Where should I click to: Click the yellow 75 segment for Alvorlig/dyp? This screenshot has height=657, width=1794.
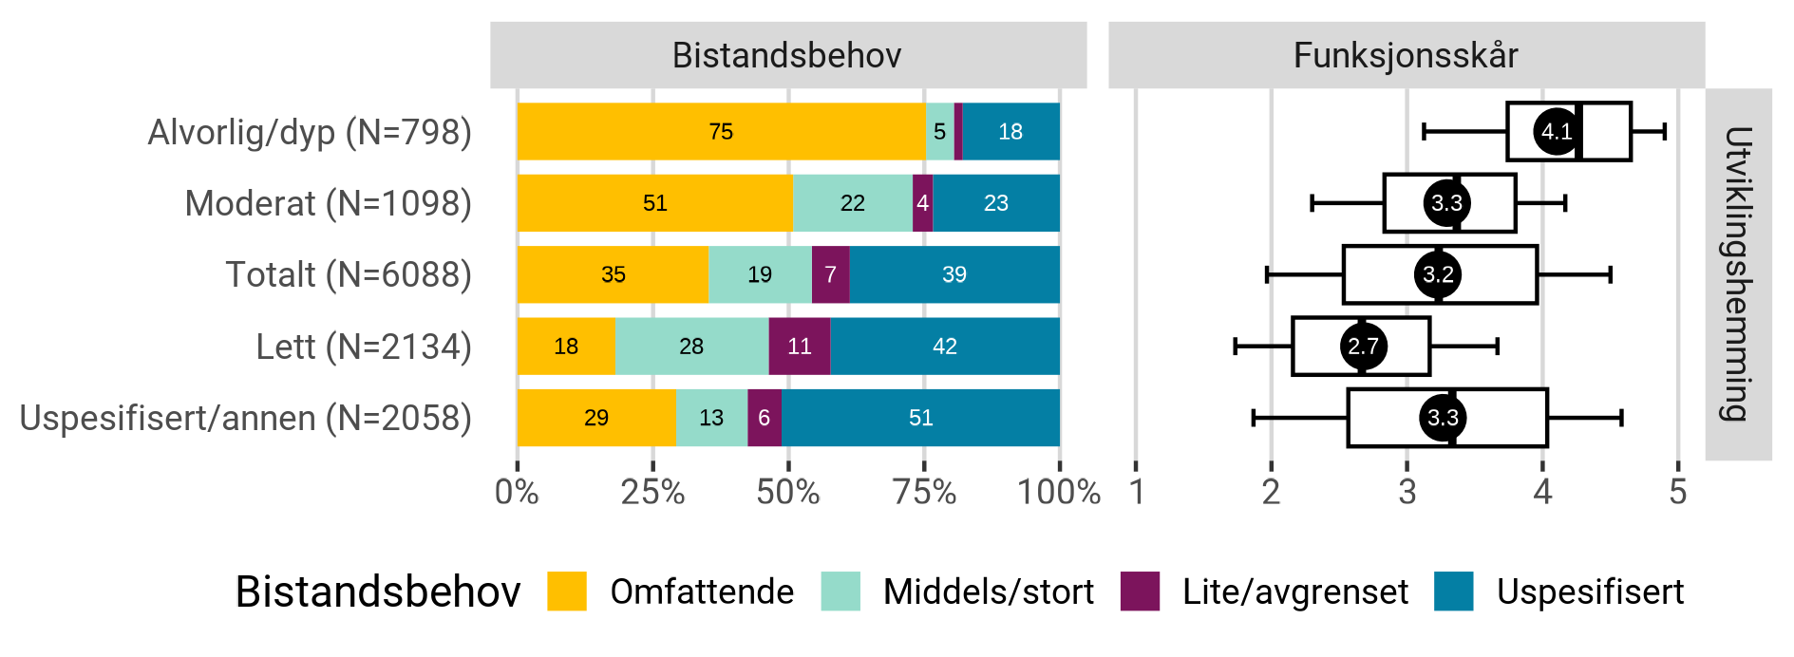click(x=721, y=131)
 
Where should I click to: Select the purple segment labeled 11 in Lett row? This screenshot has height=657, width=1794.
click(x=799, y=346)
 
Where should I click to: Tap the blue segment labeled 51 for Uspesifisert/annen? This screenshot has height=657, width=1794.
click(x=920, y=418)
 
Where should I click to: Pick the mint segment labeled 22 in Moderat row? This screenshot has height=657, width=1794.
click(x=852, y=203)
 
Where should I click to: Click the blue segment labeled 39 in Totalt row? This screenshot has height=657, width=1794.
click(x=954, y=274)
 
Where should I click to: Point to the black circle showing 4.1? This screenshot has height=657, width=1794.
click(x=1556, y=131)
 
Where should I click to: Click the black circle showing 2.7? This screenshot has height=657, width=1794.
click(x=1363, y=346)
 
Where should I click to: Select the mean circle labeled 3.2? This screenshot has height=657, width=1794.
click(x=1438, y=274)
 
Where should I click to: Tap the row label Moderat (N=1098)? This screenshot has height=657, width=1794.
click(x=328, y=203)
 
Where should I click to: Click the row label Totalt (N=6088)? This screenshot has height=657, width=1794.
click(x=349, y=274)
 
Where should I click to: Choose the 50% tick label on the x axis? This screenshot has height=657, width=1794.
click(x=787, y=492)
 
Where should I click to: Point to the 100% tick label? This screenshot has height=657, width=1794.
click(x=1058, y=492)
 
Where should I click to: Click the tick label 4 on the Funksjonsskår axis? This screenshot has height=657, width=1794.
click(x=1542, y=492)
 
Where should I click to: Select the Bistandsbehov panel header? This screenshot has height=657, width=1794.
click(x=787, y=55)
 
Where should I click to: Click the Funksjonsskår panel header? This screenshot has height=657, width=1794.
click(x=1406, y=55)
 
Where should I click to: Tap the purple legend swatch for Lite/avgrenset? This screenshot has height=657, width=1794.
click(x=1140, y=591)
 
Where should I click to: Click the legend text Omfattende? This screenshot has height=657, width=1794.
click(x=702, y=591)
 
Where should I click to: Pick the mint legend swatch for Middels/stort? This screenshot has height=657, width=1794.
click(x=840, y=591)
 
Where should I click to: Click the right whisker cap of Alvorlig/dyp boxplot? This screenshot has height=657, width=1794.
click(x=1664, y=131)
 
